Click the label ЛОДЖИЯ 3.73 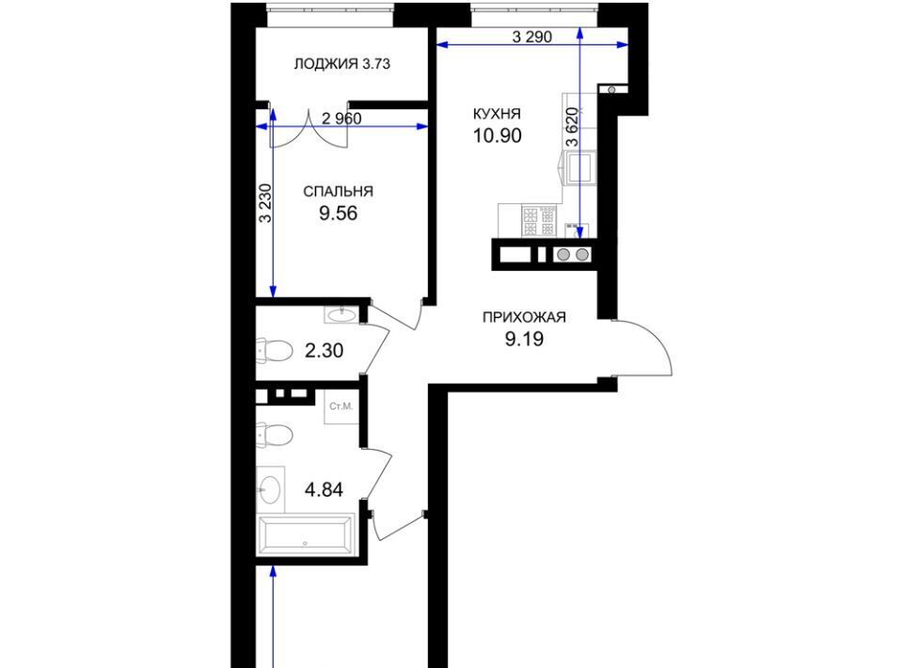click(342, 64)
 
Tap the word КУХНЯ click(497, 114)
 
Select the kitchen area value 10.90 click(497, 135)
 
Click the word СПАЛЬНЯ click(338, 191)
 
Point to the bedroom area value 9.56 click(338, 214)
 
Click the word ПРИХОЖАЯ click(524, 317)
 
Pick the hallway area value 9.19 click(524, 340)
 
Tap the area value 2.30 click(324, 350)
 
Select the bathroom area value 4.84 click(324, 490)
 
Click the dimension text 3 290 click(532, 37)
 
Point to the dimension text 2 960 click(341, 119)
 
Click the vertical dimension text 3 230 click(265, 202)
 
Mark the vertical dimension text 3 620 click(572, 128)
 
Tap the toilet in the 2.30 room click(276, 350)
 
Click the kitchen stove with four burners click(539, 221)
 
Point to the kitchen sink click(579, 167)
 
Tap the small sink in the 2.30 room click(341, 314)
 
